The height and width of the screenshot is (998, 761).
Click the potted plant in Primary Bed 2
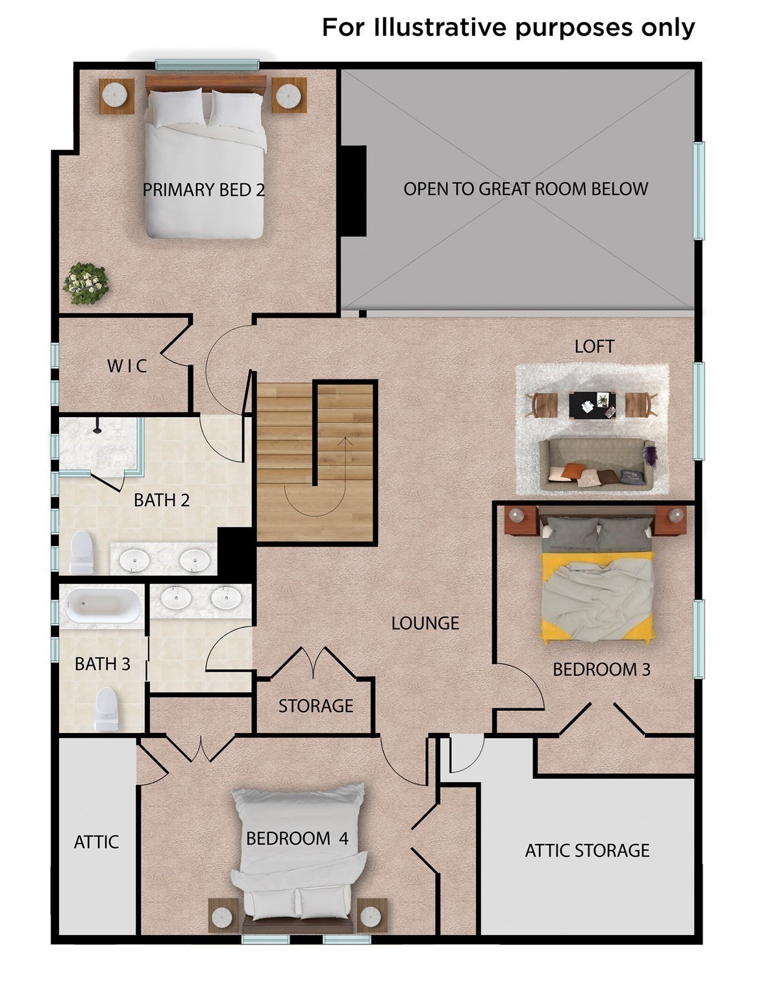[86, 283]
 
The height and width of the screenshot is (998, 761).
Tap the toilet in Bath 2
[82, 552]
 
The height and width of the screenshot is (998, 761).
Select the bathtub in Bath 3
[102, 606]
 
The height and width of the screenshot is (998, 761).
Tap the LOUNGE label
[425, 623]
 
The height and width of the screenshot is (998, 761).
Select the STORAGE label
[316, 706]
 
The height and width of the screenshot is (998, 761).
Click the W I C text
[127, 366]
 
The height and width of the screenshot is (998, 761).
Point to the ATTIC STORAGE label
[587, 850]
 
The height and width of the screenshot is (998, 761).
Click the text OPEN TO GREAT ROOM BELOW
[525, 189]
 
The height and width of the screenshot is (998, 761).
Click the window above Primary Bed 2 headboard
[207, 64]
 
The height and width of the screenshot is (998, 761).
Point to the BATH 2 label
[162, 500]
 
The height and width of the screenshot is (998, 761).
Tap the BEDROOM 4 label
[297, 838]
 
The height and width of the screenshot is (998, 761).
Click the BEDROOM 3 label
[601, 669]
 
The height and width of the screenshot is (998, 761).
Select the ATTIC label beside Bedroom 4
[96, 842]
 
